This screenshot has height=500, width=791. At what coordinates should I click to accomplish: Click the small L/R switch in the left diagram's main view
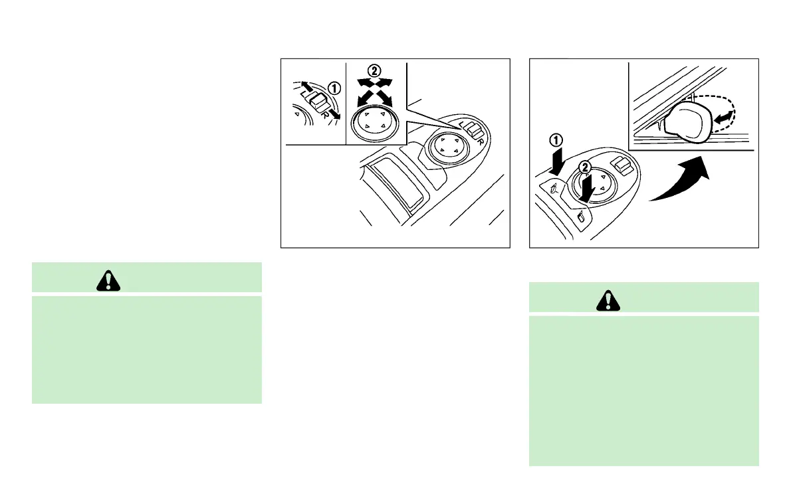point(474,129)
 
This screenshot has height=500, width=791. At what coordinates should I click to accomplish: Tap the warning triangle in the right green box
point(606,301)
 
